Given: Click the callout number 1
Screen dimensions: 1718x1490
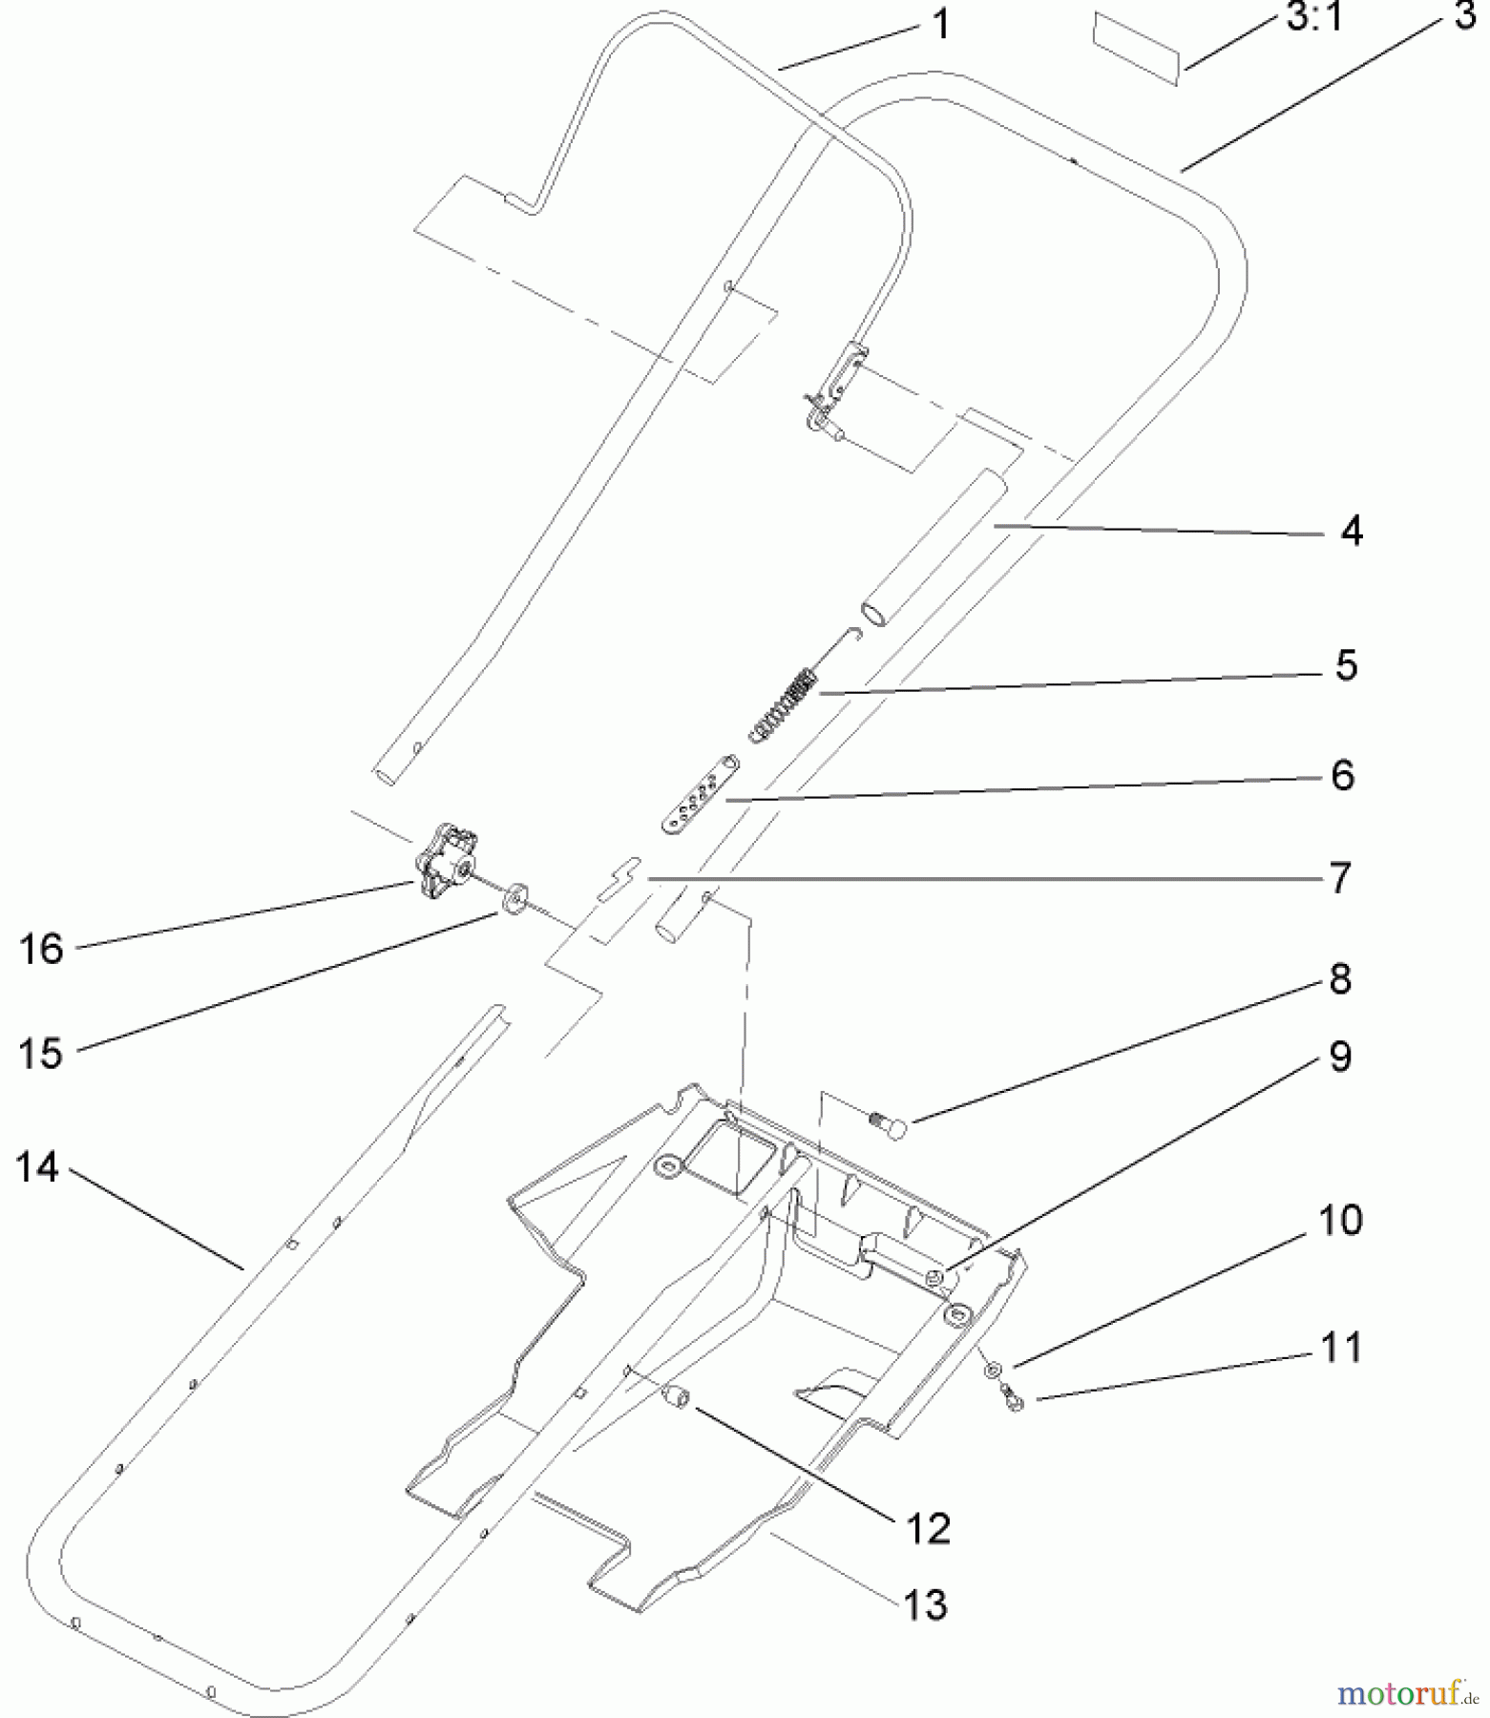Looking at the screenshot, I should click(x=940, y=23).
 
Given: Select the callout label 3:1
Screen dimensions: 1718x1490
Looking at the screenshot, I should click(x=1314, y=17).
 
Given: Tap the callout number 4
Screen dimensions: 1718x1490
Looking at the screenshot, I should click(x=1350, y=531).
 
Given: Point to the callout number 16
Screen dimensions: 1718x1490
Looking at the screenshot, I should click(x=41, y=949).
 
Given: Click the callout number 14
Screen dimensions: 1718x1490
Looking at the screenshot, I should click(x=37, y=1166).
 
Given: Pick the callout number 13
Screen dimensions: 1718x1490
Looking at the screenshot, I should click(x=924, y=1603).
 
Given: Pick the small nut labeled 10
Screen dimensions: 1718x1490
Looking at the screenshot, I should click(x=995, y=1370).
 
